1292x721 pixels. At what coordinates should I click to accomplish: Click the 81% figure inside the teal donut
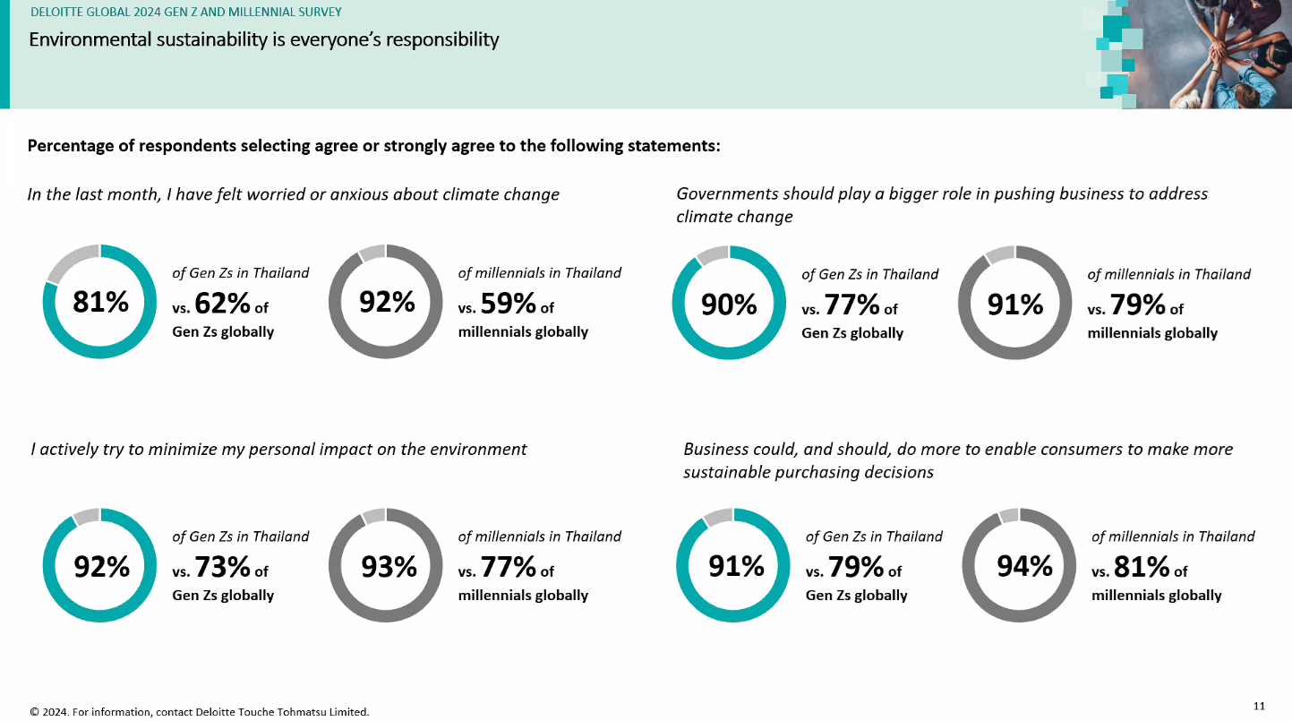pyautogui.click(x=100, y=303)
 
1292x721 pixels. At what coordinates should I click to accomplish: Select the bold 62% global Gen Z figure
pyautogui.click(x=221, y=304)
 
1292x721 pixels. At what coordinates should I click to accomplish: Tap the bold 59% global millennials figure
pyautogui.click(x=508, y=304)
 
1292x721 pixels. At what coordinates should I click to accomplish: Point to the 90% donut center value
pyautogui.click(x=729, y=305)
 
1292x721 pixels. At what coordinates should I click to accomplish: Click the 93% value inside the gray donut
pyautogui.click(x=389, y=567)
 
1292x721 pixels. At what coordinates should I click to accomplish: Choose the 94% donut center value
pyautogui.click(x=1024, y=566)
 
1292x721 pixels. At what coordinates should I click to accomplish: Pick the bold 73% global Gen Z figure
pyautogui.click(x=221, y=567)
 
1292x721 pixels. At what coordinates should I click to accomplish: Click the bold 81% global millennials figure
pyautogui.click(x=1142, y=567)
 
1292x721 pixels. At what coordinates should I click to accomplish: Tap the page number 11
pyautogui.click(x=1259, y=707)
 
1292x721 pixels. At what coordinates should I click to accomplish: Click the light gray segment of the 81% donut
pyautogui.click(x=68, y=262)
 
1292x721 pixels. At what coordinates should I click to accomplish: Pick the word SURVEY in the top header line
pyautogui.click(x=318, y=13)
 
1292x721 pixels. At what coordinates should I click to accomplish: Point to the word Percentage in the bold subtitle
pyautogui.click(x=71, y=146)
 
